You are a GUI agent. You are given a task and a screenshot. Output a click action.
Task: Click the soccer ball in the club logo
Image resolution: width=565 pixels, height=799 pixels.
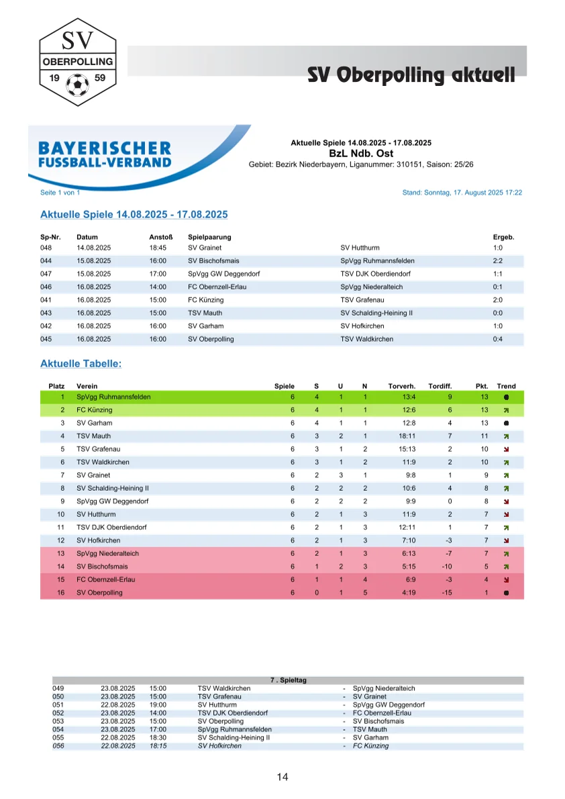[78, 84]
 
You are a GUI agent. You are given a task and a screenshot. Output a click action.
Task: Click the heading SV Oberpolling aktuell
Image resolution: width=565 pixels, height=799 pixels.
[411, 75]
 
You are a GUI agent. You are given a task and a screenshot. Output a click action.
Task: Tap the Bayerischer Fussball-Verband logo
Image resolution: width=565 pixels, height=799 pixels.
[105, 154]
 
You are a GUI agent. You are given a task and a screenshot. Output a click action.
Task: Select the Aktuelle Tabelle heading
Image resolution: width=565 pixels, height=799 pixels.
[81, 363]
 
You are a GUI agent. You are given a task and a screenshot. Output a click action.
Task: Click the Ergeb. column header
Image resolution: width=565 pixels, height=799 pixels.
[503, 237]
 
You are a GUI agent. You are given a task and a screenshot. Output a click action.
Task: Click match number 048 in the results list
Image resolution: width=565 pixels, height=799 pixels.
[46, 248]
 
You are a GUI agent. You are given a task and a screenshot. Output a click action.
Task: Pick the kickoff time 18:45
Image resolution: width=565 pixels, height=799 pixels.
[158, 248]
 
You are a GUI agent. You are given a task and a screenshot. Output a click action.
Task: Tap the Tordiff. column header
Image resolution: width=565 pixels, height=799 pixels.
[440, 386]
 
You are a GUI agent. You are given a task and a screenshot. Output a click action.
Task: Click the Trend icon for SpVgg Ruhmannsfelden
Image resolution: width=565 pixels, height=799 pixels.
[507, 397]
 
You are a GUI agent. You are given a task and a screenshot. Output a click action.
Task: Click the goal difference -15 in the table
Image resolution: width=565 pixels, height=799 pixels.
[447, 593]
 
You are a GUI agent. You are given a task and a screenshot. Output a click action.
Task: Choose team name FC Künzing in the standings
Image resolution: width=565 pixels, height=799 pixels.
[95, 410]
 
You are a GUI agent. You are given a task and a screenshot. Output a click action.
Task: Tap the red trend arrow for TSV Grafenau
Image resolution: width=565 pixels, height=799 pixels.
[507, 449]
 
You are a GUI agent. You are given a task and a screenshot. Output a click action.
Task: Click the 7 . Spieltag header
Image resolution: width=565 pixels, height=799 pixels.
[288, 680]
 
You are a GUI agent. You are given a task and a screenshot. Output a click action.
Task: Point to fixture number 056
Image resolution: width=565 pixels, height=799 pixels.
[58, 746]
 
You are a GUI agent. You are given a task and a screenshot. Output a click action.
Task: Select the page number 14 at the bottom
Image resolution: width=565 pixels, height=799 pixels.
[282, 778]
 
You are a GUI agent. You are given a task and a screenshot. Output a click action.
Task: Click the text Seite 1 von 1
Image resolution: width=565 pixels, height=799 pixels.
[60, 193]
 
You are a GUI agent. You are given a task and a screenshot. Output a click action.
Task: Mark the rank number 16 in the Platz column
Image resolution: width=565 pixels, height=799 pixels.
[60, 593]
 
